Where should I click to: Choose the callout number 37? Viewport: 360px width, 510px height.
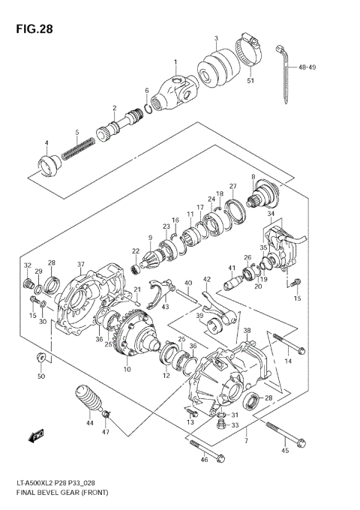pos(81,264)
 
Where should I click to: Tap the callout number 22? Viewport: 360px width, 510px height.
pos(136,252)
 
